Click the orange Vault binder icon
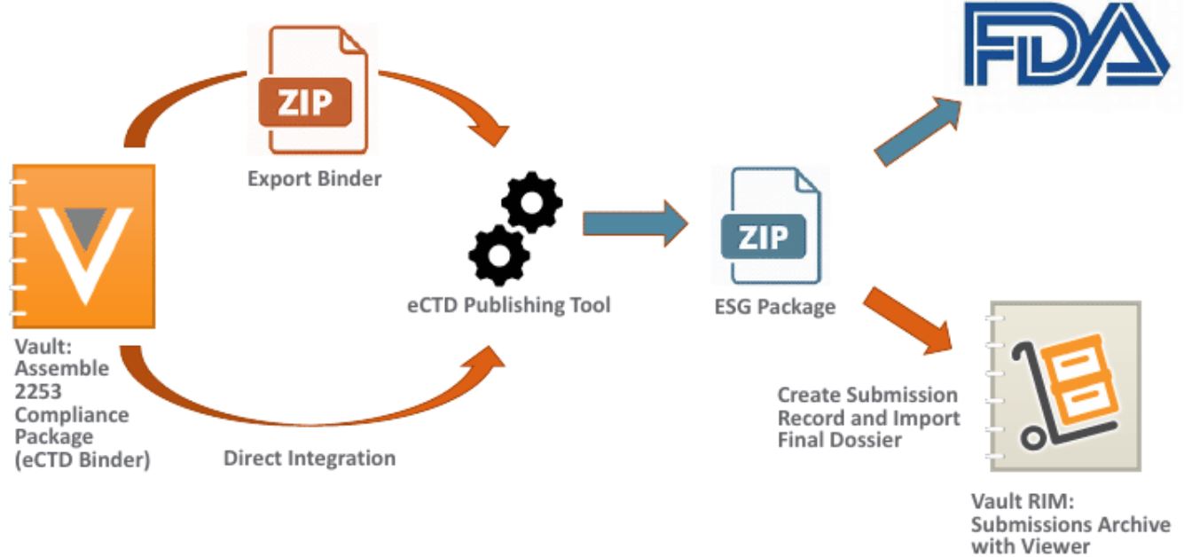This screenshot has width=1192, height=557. pyautogui.click(x=85, y=242)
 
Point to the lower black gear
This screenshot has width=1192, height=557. pyautogui.click(x=498, y=255)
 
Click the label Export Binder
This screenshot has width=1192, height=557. pyautogui.click(x=315, y=178)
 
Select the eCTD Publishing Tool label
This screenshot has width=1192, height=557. pyautogui.click(x=509, y=305)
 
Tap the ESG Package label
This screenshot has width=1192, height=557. pyautogui.click(x=776, y=307)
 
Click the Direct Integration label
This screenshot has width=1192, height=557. pyautogui.click(x=310, y=459)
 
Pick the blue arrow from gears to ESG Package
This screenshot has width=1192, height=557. pyautogui.click(x=634, y=223)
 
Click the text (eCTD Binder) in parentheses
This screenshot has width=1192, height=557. pyautogui.click(x=82, y=459)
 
